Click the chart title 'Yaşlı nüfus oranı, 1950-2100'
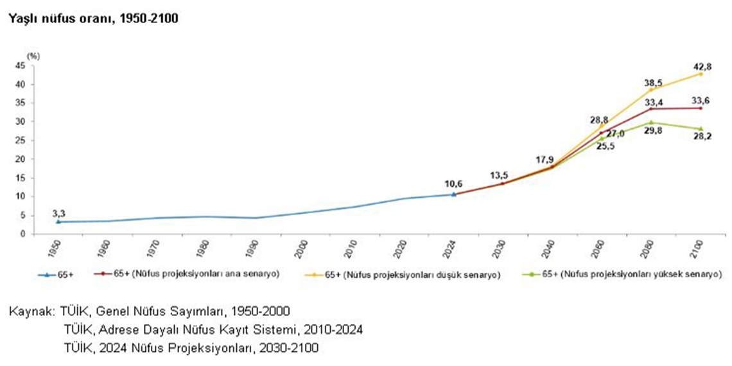click(92, 19)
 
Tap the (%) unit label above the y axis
click(33, 56)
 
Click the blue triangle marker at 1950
click(58, 222)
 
